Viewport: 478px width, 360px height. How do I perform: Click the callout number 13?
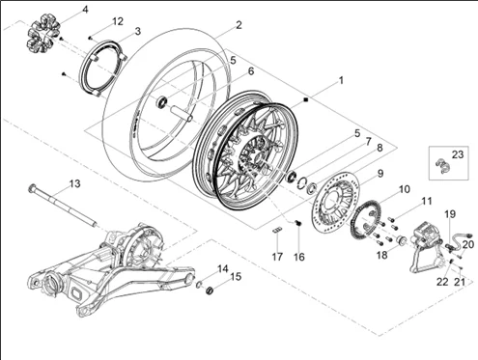[x=74, y=183]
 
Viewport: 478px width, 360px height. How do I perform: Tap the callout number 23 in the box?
[x=458, y=154]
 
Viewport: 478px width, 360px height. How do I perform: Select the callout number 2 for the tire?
[x=239, y=25]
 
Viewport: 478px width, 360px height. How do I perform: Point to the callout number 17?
[x=277, y=257]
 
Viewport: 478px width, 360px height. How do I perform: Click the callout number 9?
[x=380, y=174]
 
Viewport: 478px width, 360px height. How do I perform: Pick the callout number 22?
[x=442, y=282]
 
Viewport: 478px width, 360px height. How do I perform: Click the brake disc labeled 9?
[x=336, y=199]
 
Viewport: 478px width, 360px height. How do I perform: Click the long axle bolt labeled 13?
[x=63, y=206]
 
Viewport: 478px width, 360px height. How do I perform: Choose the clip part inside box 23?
[x=442, y=166]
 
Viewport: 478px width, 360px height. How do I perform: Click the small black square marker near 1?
[x=306, y=99]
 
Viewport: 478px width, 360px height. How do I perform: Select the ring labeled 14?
[x=199, y=285]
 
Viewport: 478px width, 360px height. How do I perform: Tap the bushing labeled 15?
[x=210, y=291]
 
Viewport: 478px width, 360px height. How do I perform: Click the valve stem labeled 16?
[x=298, y=223]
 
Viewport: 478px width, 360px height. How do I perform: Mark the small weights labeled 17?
[x=278, y=230]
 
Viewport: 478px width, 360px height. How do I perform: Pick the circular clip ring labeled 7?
[x=302, y=181]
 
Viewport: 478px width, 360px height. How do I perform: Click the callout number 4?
[x=85, y=10]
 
